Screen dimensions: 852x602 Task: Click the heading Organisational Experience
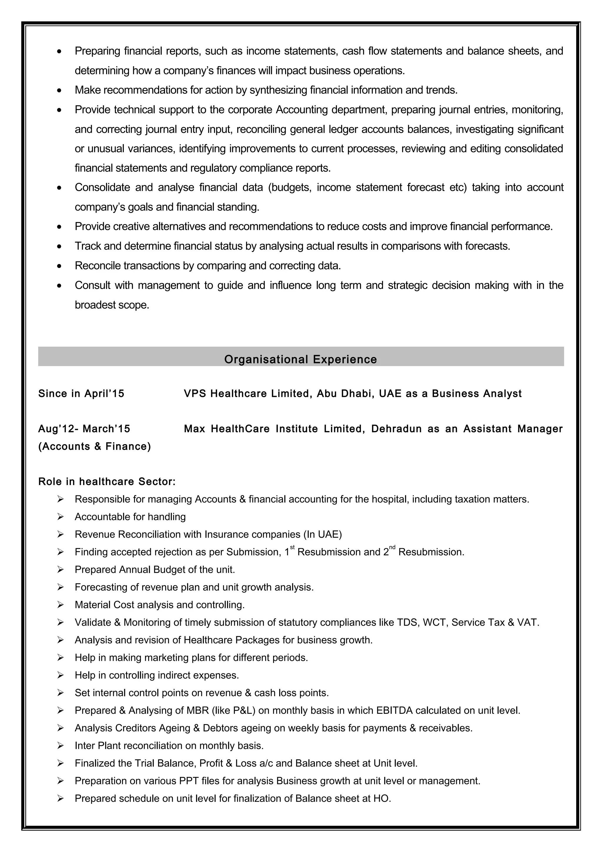tap(300, 359)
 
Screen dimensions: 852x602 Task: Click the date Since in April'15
tap(81, 393)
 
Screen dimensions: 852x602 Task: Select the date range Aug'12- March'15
tap(84, 429)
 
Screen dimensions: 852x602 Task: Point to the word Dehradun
tap(396, 429)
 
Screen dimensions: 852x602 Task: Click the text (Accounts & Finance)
tap(95, 446)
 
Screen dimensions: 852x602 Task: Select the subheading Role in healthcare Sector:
tap(107, 481)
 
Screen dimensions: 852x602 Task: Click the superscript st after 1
tap(292, 547)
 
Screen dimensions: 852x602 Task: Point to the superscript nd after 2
tap(392, 547)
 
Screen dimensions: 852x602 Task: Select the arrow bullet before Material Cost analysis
tap(61, 605)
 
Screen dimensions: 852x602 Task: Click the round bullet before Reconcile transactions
tap(59, 266)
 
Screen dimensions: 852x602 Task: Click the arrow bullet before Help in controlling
tap(61, 675)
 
